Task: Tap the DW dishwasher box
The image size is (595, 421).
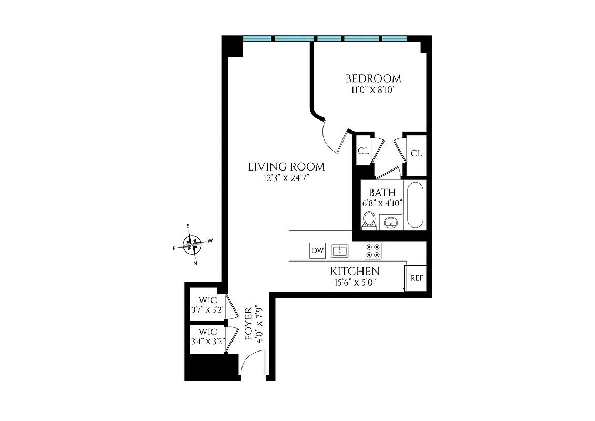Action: [317, 250]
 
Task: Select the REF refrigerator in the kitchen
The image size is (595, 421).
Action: [416, 278]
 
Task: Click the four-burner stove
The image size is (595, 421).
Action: [374, 250]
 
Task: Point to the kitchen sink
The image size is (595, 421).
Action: [340, 250]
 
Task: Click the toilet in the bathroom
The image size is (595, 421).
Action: [369, 220]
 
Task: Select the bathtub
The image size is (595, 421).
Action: [415, 205]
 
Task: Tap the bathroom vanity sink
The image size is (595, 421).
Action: [390, 223]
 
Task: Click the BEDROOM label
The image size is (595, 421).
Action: [373, 79]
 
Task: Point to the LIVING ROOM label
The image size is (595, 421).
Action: [286, 167]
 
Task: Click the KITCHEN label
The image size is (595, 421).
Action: [355, 272]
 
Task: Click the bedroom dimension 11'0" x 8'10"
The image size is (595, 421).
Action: [373, 90]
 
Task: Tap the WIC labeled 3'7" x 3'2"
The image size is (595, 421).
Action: [208, 305]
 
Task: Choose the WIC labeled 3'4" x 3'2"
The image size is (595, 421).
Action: [208, 336]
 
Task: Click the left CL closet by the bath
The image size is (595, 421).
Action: [363, 151]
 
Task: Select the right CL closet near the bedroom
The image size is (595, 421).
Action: [416, 153]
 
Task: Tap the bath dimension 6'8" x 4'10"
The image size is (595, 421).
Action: [382, 203]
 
